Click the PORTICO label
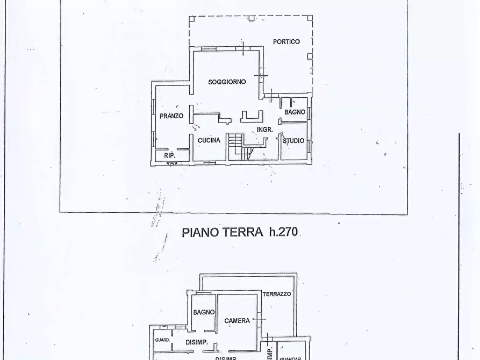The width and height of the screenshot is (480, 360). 286,41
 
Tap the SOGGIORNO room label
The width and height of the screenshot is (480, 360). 227,82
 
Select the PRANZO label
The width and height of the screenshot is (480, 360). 171,116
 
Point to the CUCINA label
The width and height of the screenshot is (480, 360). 209,140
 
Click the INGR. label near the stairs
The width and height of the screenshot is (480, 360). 264,129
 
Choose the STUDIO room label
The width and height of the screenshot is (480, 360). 293,141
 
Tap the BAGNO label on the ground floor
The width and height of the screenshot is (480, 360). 295,112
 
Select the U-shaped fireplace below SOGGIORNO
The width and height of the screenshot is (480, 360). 252,116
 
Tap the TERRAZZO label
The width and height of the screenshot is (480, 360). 277,294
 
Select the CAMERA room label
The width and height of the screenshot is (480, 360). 237,321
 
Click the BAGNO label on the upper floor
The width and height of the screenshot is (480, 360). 204,312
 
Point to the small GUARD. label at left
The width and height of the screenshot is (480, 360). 162,340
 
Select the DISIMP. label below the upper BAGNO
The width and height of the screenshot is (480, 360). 197,342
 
